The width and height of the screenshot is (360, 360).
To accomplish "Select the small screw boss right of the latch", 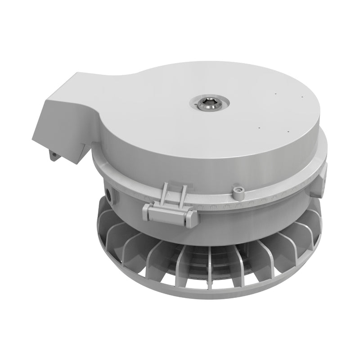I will point(238,192).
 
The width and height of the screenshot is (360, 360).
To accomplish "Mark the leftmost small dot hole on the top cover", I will point(259,127).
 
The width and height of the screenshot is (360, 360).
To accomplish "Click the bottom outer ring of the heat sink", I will point(202,295).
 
